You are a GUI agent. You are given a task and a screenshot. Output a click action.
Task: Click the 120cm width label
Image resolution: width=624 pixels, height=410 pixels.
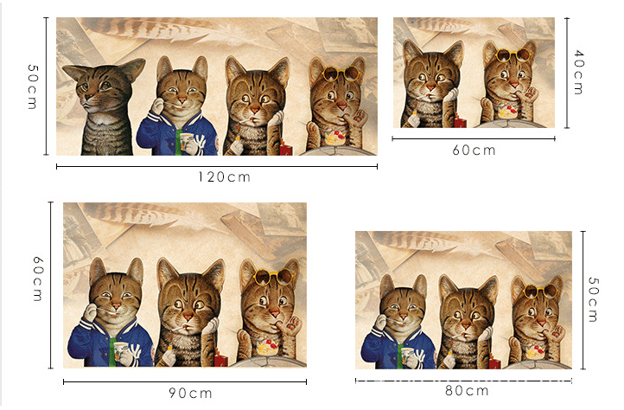click(x=225, y=177)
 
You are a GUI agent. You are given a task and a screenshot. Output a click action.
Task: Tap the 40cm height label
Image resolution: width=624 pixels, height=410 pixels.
click(x=579, y=72)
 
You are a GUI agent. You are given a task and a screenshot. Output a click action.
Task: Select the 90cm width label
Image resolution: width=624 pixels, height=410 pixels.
click(x=190, y=394)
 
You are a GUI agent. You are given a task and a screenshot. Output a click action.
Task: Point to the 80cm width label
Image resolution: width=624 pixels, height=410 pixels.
click(x=467, y=391)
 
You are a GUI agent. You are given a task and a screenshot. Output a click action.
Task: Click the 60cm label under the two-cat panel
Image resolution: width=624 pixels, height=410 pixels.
click(x=474, y=151)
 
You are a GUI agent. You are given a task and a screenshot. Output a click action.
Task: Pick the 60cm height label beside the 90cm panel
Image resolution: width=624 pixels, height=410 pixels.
click(x=38, y=279)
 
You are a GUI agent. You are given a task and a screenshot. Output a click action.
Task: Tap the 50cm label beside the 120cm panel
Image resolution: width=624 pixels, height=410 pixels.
click(x=33, y=86)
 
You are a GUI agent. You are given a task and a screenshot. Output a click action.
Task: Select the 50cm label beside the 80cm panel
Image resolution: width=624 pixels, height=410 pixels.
click(x=593, y=299)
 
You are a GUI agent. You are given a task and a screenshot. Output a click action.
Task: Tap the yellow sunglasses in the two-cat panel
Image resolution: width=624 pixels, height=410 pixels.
click(x=513, y=54)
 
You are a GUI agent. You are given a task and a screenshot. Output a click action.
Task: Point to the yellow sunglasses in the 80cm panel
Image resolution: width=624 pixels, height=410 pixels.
click(x=540, y=291)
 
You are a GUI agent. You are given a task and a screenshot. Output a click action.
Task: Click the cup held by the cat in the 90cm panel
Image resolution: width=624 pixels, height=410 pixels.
click(x=120, y=351)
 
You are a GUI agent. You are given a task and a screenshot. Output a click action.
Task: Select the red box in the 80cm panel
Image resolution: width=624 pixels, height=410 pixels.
click(x=494, y=363)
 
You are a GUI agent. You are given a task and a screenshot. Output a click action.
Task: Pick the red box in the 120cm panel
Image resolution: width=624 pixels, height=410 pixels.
click(x=286, y=148)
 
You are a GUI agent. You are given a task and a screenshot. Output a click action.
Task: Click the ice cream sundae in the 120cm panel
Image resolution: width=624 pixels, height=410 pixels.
click(x=334, y=138)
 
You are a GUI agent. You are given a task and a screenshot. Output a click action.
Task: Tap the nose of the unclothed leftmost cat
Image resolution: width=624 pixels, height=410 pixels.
click(x=89, y=96)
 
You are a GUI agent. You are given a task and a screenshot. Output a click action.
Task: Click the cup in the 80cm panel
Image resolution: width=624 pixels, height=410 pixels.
click(x=407, y=355)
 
